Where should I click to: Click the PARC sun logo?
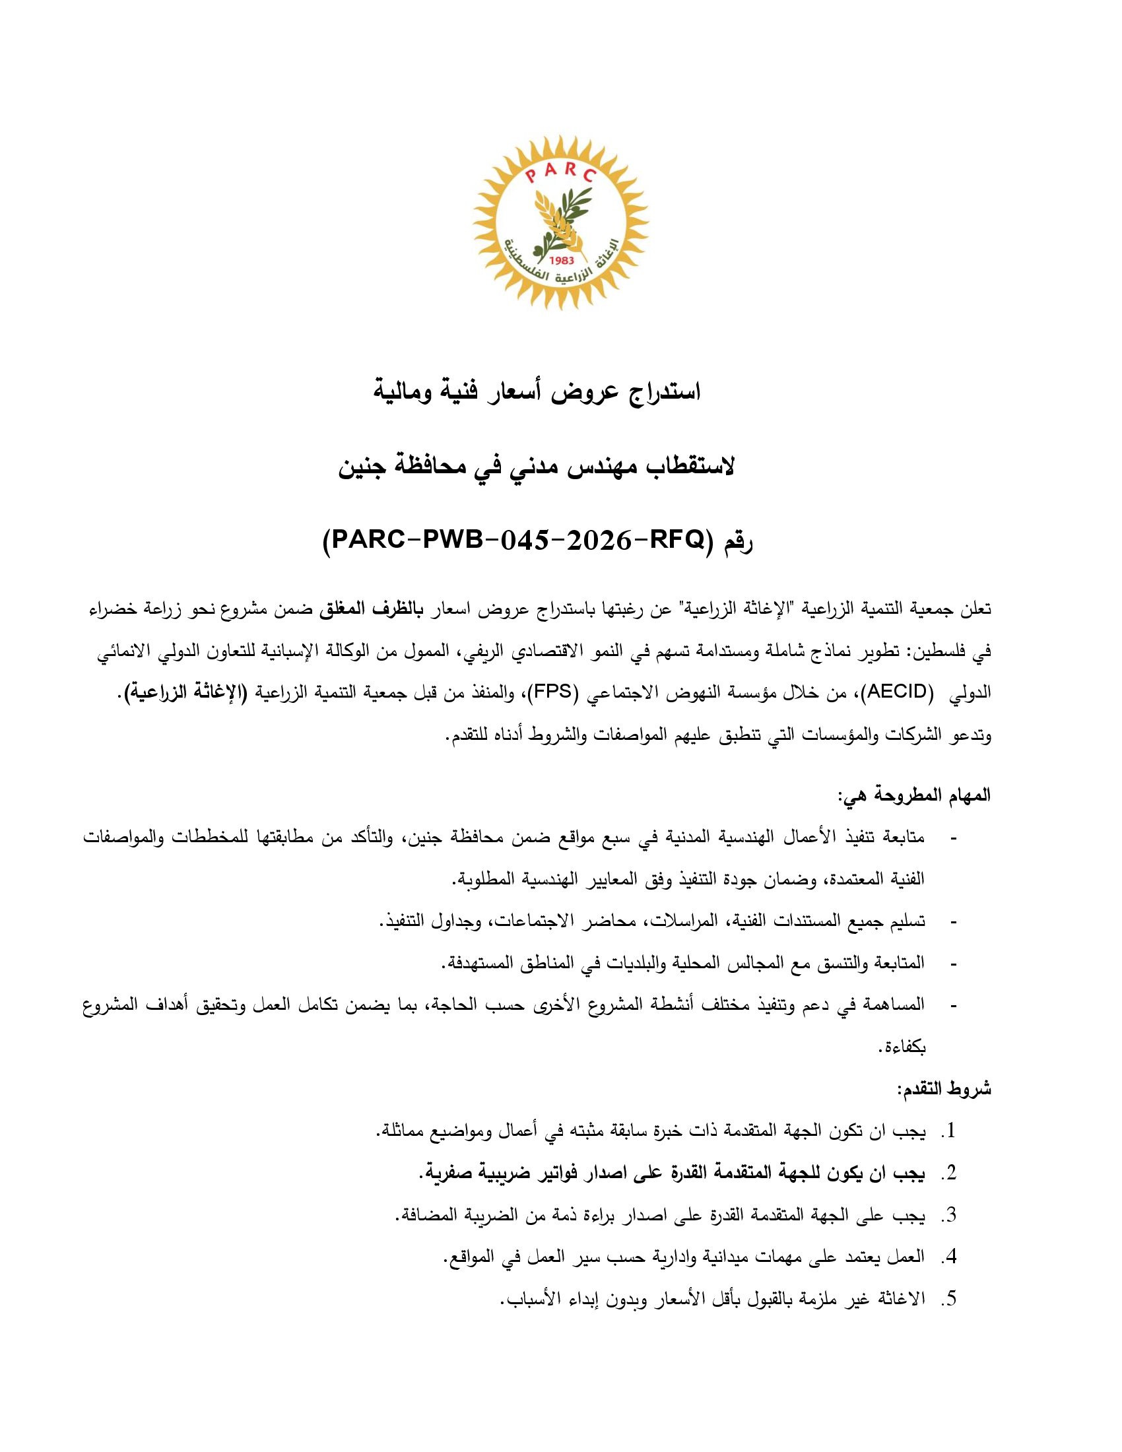(x=560, y=222)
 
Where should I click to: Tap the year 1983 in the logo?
(x=561, y=261)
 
